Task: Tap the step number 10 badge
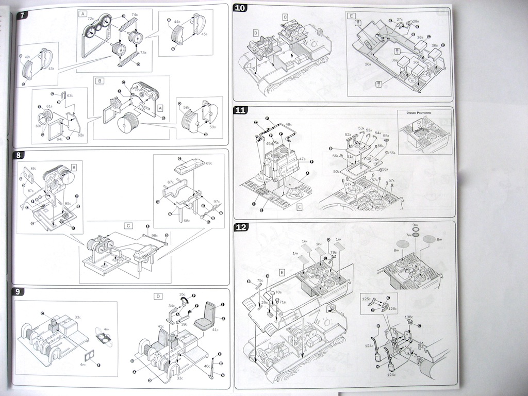[x=240, y=8]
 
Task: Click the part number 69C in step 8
[x=209, y=163]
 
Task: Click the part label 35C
[x=182, y=294]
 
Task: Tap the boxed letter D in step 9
[x=158, y=296]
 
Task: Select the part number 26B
[x=368, y=64]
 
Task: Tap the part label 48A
[x=288, y=124]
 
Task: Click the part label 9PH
[x=416, y=225]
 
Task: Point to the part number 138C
[x=408, y=317]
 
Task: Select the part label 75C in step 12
[x=260, y=280]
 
